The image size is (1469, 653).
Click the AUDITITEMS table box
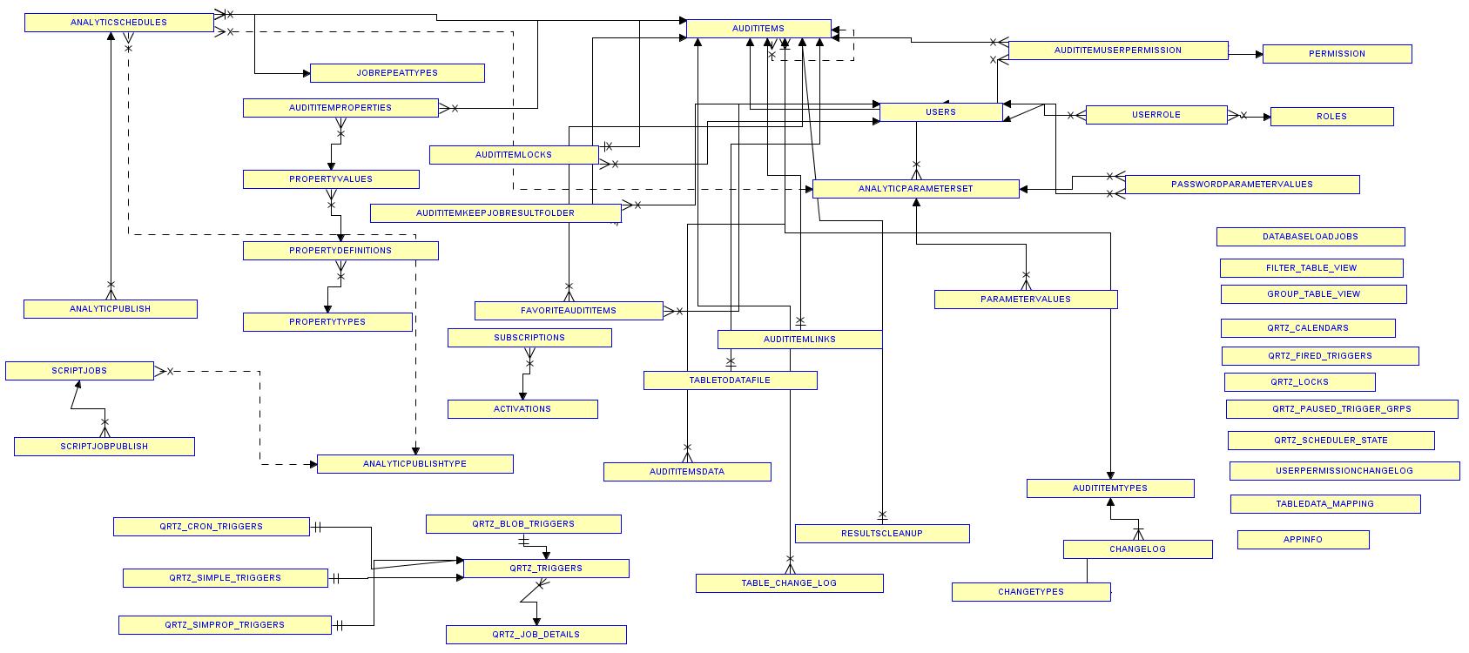click(x=758, y=29)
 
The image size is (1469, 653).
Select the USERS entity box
click(x=940, y=112)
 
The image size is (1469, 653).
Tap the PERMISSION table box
click(x=1337, y=54)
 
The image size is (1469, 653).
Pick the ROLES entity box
click(x=1331, y=117)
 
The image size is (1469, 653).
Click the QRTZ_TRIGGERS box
click(x=546, y=569)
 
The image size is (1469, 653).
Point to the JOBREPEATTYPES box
click(x=397, y=73)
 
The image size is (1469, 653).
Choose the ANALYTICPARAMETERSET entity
click(x=915, y=189)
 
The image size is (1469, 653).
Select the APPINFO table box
click(x=1303, y=540)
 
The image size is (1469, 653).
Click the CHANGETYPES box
click(x=1030, y=592)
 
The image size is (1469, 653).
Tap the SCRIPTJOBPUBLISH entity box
click(x=104, y=447)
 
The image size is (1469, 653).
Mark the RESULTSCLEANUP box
click(x=881, y=534)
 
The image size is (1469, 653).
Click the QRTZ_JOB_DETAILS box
click(x=536, y=635)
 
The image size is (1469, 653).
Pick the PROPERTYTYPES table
click(x=327, y=322)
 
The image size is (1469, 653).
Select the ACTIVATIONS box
click(x=522, y=409)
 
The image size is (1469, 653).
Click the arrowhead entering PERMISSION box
click(x=1258, y=54)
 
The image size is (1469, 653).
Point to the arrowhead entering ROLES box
click(x=1266, y=117)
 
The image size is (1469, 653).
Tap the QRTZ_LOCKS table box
click(x=1299, y=382)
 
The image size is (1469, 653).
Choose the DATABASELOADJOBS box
click(x=1310, y=237)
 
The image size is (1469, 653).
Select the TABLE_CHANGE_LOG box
click(x=789, y=583)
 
